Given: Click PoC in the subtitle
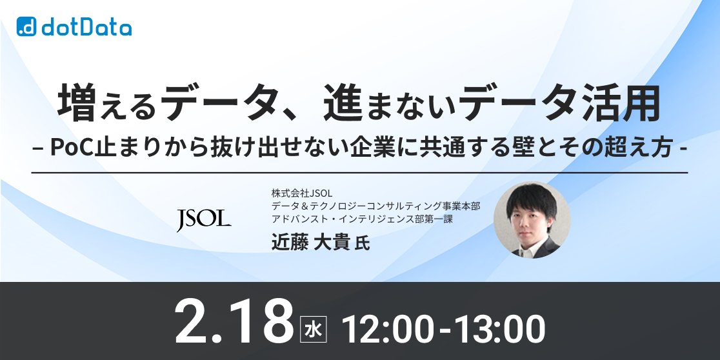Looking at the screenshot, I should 70,148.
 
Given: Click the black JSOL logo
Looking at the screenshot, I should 204,219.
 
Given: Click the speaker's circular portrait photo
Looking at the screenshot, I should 532,220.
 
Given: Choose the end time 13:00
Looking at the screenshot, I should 499,328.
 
